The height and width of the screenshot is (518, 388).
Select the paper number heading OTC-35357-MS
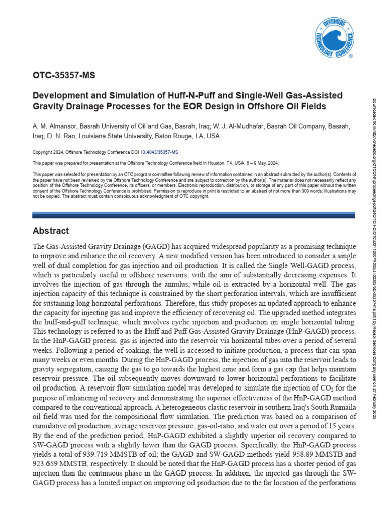64,76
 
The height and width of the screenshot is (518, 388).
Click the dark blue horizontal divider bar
194,215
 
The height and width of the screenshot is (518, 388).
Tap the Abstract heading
51,231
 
